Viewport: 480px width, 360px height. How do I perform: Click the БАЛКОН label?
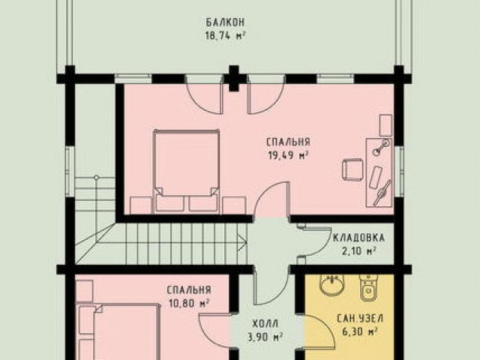225,22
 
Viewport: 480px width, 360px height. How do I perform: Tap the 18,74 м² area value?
225,36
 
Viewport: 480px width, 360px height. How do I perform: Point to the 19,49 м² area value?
288,155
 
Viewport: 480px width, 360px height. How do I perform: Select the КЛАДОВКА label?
358,238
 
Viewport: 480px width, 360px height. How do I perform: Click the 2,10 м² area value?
358,251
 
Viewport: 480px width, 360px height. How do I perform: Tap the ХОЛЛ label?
265,323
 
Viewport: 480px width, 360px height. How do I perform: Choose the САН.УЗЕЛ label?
360,318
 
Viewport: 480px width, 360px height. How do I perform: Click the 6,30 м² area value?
359,331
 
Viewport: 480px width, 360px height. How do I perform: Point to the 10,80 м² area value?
189,304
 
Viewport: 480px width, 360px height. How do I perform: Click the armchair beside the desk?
352,169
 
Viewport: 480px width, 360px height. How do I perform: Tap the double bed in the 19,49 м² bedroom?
187,171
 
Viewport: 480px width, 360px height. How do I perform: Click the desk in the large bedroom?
379,172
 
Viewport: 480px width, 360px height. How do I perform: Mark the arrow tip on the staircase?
246,243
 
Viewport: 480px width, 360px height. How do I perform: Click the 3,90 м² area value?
265,337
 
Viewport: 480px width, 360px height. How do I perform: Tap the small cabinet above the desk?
385,125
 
